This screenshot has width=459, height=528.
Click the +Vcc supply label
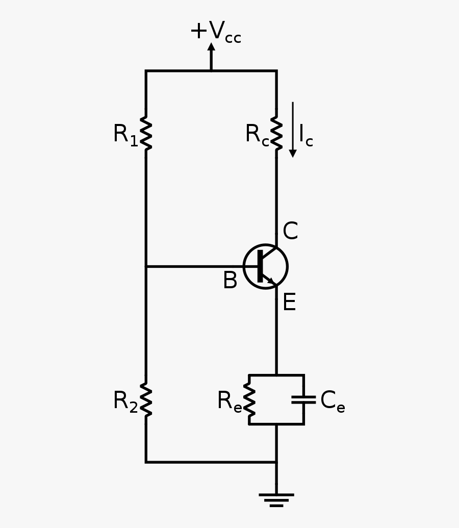click(x=215, y=32)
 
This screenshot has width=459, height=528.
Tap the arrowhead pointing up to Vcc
click(x=211, y=47)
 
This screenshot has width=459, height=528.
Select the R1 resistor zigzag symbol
click(x=146, y=134)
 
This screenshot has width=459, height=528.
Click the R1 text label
click(x=125, y=135)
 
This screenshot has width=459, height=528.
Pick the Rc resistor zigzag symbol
click(x=276, y=134)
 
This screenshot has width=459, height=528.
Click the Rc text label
click(x=257, y=135)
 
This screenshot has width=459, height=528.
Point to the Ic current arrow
click(x=293, y=130)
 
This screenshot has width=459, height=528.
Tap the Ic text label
click(x=305, y=136)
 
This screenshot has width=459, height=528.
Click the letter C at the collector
click(x=290, y=232)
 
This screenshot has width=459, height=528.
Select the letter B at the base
click(x=230, y=281)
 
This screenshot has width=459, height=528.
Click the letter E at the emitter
click(x=289, y=303)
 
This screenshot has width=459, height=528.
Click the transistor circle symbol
click(x=266, y=266)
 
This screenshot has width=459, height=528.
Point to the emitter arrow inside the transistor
click(x=271, y=280)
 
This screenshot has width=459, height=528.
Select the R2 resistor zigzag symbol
click(x=146, y=400)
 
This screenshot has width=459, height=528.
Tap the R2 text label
click(x=125, y=401)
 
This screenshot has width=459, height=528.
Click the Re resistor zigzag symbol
click(x=249, y=400)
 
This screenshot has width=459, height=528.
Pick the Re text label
click(x=229, y=401)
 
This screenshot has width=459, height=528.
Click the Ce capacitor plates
click(x=303, y=399)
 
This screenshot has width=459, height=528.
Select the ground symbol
click(x=276, y=499)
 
